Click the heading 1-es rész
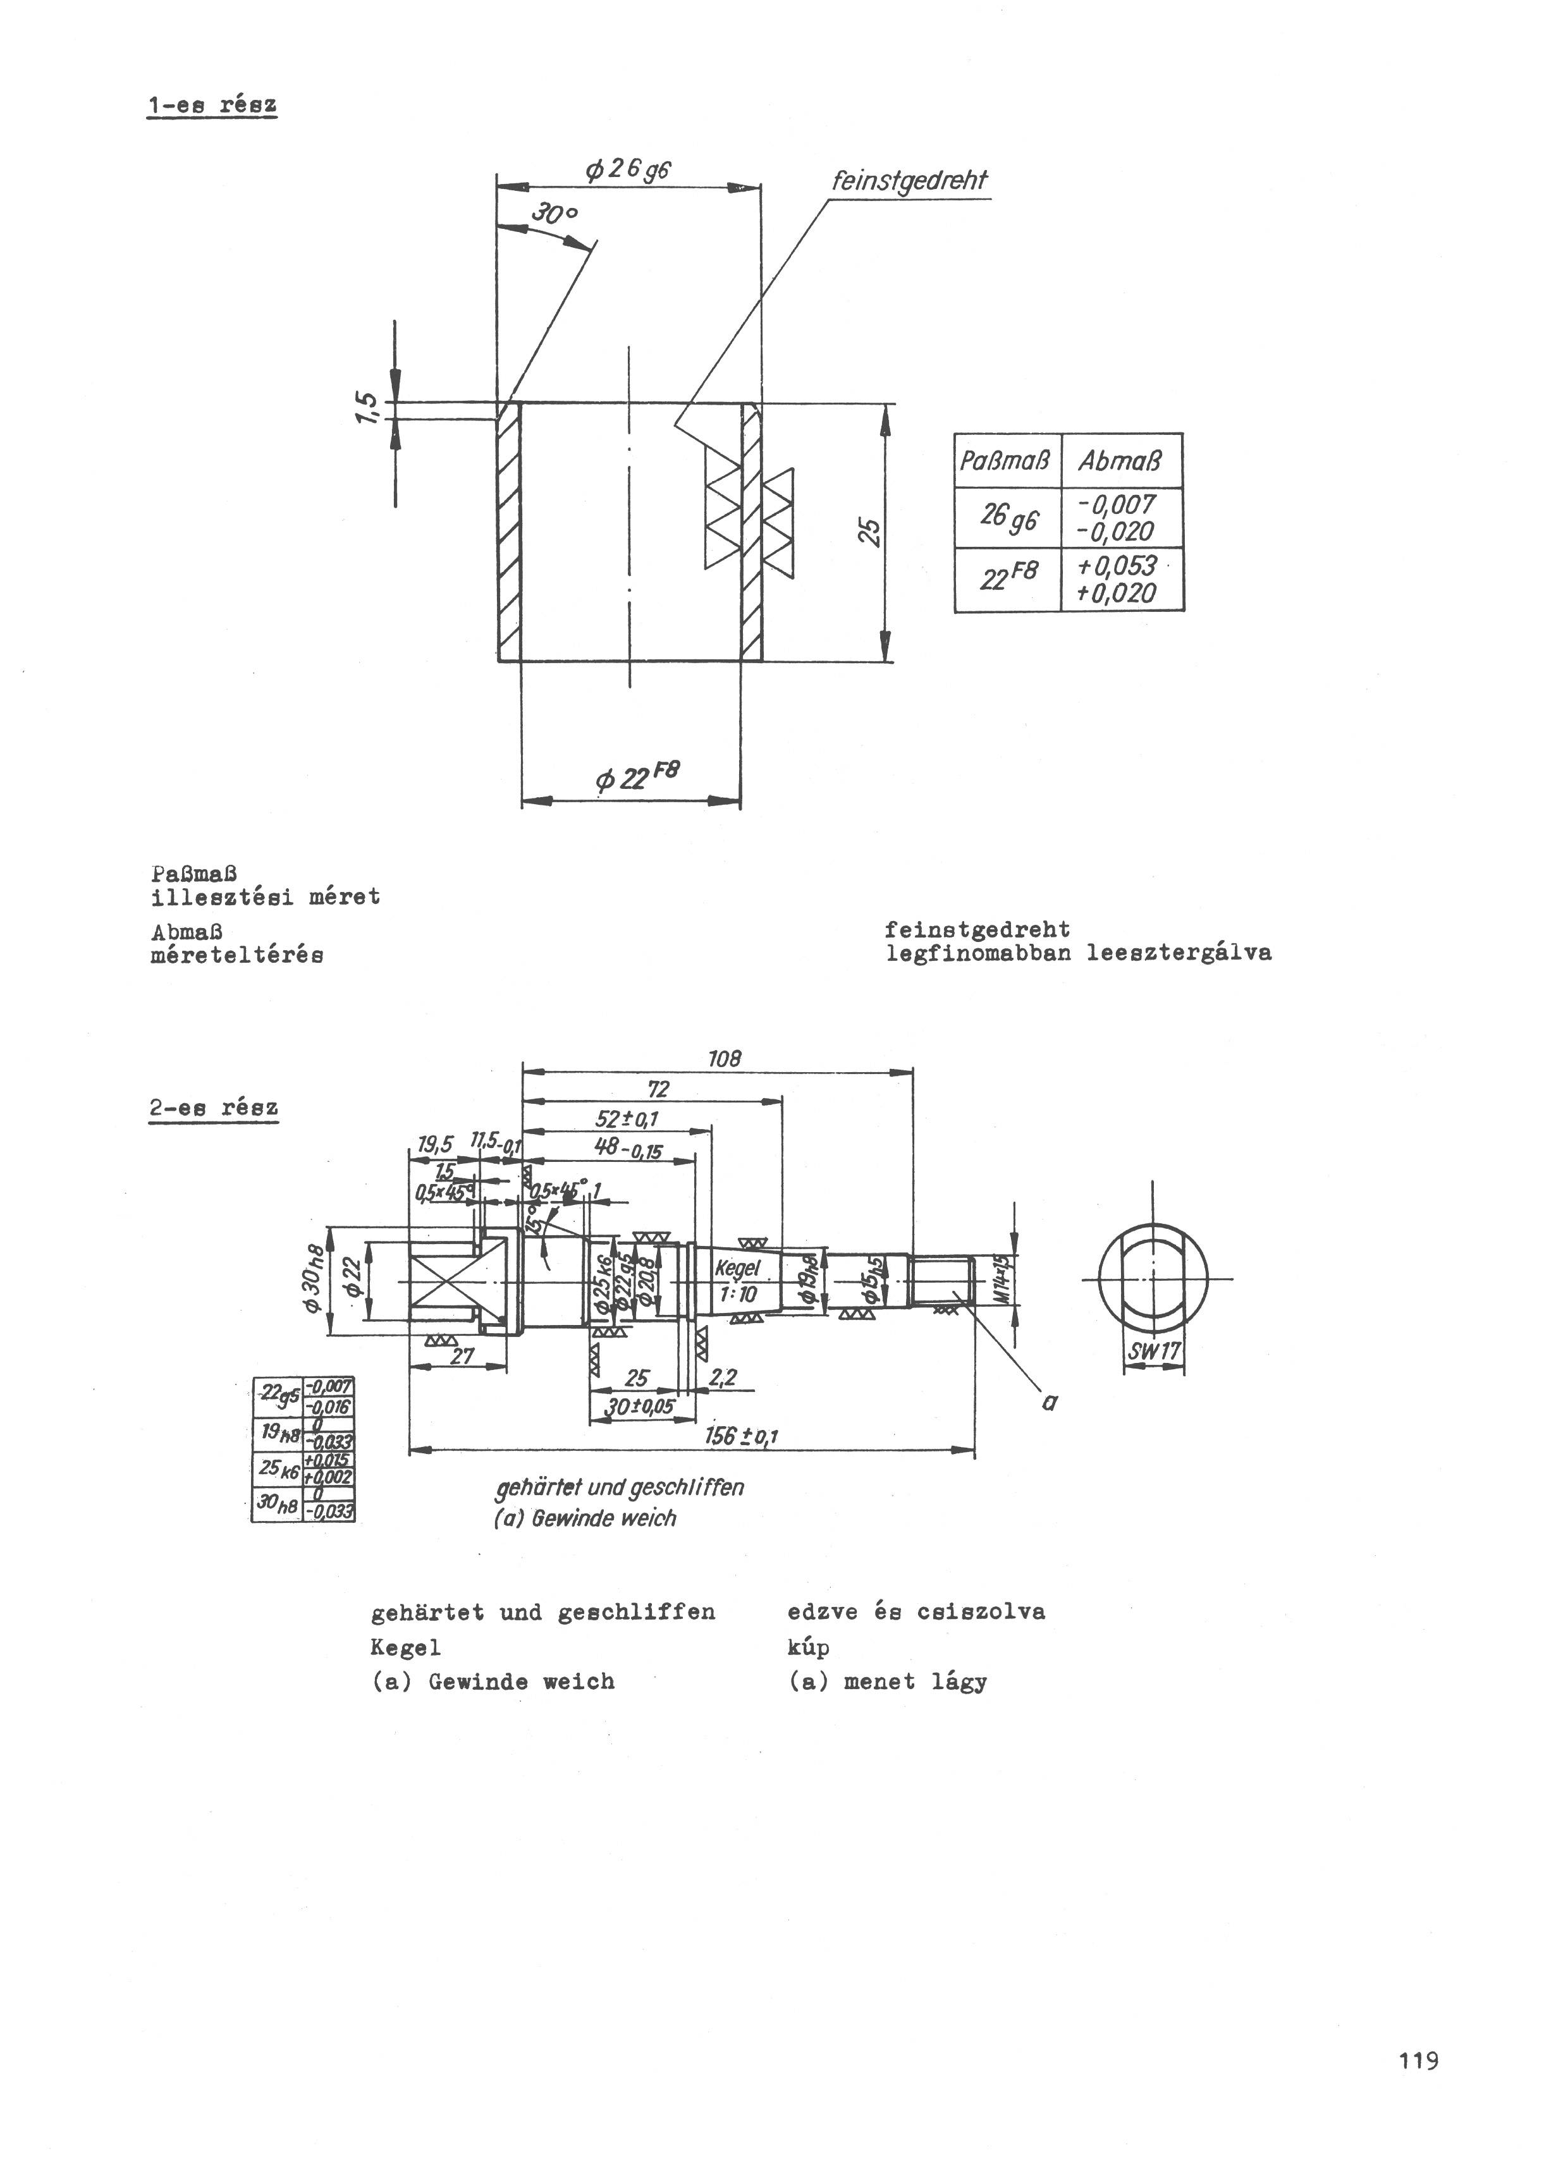[x=212, y=104]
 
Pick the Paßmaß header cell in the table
[x=1006, y=462]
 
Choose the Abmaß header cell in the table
[x=1121, y=462]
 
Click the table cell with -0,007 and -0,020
[x=1122, y=518]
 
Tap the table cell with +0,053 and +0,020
[x=1122, y=580]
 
